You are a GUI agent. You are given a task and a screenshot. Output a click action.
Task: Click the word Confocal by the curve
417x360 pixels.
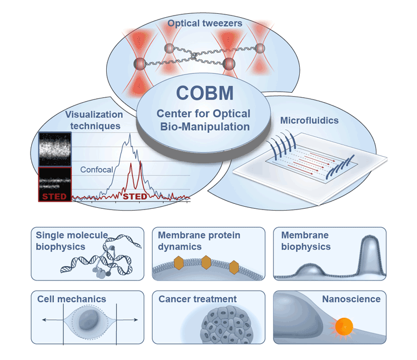[96, 170]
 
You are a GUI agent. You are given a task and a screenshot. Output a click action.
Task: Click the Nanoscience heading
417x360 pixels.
[351, 299]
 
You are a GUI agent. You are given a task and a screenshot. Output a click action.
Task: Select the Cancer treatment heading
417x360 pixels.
[197, 299]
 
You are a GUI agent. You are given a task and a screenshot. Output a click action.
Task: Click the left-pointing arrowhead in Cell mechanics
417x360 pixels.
[45, 321]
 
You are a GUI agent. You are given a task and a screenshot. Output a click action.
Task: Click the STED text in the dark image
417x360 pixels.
[54, 196]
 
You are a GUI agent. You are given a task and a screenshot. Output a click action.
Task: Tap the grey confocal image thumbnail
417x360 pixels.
[54, 149]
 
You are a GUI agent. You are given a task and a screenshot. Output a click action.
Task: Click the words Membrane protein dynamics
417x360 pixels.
[199, 241]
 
